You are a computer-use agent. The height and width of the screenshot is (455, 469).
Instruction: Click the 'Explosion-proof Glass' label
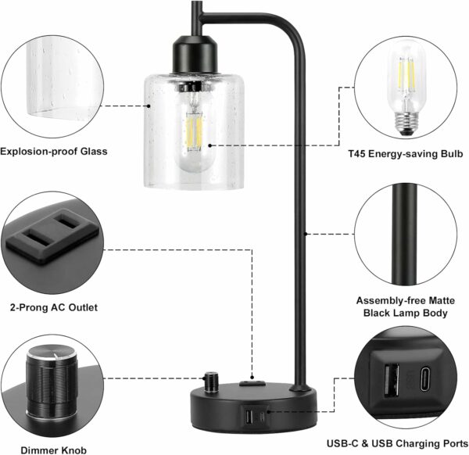click(x=53, y=152)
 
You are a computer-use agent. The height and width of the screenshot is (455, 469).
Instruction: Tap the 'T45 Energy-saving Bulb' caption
click(x=405, y=154)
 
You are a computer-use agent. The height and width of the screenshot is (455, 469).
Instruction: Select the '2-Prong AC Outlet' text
click(x=54, y=307)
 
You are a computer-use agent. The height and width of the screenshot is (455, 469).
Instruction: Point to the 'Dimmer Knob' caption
click(x=53, y=450)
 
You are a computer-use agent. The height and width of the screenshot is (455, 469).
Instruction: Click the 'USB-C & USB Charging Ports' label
click(x=398, y=443)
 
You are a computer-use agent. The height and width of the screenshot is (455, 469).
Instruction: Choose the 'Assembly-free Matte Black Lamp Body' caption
click(x=405, y=306)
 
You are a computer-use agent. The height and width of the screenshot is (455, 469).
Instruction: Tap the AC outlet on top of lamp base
click(x=252, y=383)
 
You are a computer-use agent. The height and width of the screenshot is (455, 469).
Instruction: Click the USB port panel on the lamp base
click(x=255, y=415)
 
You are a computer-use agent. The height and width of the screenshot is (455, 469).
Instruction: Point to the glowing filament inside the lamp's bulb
click(x=194, y=131)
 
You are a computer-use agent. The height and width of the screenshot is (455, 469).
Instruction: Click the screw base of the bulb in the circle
click(x=406, y=123)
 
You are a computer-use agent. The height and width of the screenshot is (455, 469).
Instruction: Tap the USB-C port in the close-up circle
click(x=426, y=378)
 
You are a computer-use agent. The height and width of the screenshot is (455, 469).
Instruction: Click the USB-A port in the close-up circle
click(x=392, y=380)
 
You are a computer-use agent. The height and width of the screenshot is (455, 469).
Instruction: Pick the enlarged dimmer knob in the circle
click(x=52, y=383)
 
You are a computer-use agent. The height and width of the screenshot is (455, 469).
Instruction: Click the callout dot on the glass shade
click(x=149, y=106)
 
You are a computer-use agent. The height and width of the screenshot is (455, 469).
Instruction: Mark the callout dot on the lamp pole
click(x=306, y=234)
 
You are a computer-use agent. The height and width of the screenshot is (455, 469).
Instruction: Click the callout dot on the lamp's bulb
click(x=210, y=145)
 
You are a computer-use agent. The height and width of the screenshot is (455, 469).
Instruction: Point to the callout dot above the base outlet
click(x=252, y=378)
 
